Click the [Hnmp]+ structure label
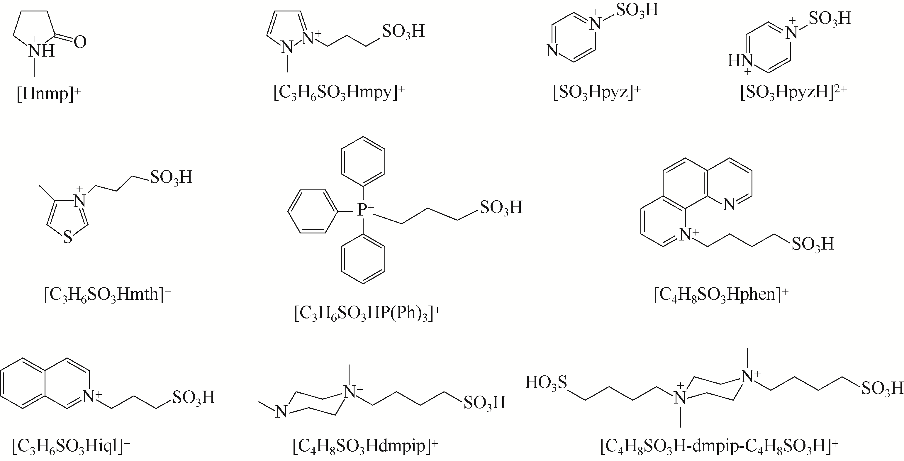tap(49, 94)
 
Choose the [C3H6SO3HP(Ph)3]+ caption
tap(367, 313)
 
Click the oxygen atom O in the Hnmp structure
tap(80, 43)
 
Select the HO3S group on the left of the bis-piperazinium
tap(546, 383)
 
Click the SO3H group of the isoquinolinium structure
tap(193, 397)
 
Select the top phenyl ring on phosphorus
tap(363, 161)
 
